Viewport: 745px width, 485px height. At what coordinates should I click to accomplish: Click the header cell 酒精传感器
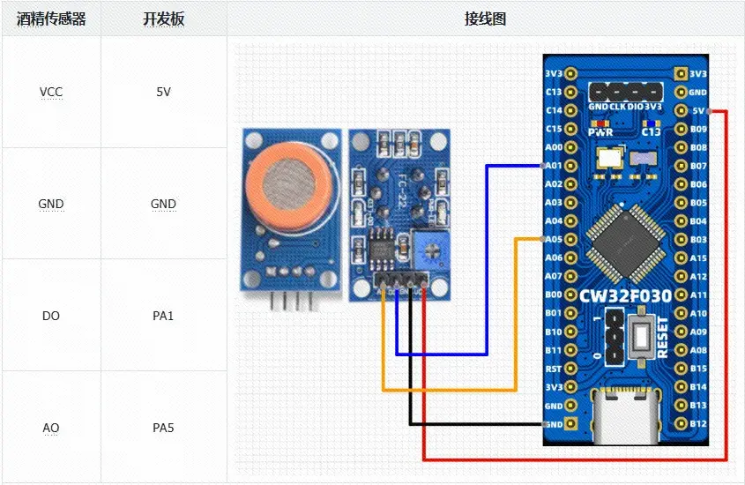(x=51, y=19)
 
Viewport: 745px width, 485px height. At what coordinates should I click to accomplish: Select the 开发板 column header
(x=164, y=19)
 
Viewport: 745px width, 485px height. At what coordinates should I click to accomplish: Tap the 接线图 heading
(x=485, y=19)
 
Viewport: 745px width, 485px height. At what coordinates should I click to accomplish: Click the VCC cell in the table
(x=51, y=92)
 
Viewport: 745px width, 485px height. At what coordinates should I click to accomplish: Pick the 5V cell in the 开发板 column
(x=164, y=92)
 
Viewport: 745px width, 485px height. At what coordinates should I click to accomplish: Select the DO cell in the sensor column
(x=51, y=316)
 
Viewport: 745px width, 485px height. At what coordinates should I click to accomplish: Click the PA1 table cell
(x=164, y=316)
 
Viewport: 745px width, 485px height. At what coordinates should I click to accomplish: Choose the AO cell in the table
(x=51, y=428)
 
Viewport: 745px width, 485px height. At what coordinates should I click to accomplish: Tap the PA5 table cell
(x=164, y=428)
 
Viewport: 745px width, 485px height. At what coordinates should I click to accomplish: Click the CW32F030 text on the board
(x=626, y=295)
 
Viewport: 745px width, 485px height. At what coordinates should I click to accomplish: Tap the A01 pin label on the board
(x=554, y=166)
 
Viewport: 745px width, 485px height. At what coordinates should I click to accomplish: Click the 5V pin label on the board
(x=697, y=111)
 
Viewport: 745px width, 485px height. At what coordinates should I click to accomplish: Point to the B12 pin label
(x=697, y=424)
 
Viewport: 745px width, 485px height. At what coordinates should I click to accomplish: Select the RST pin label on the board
(x=554, y=369)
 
